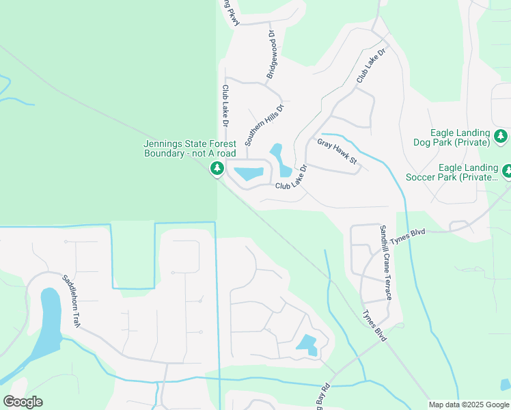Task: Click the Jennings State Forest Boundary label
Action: click(190, 148)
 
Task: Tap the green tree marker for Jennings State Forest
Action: click(218, 168)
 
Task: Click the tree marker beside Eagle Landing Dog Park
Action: click(501, 136)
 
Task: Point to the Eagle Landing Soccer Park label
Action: click(468, 172)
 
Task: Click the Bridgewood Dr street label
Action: click(271, 54)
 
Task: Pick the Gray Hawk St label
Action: click(337, 150)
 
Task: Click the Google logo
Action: click(23, 402)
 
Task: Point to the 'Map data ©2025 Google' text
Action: click(469, 405)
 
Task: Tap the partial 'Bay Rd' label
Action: click(321, 396)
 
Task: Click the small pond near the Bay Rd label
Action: click(307, 344)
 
